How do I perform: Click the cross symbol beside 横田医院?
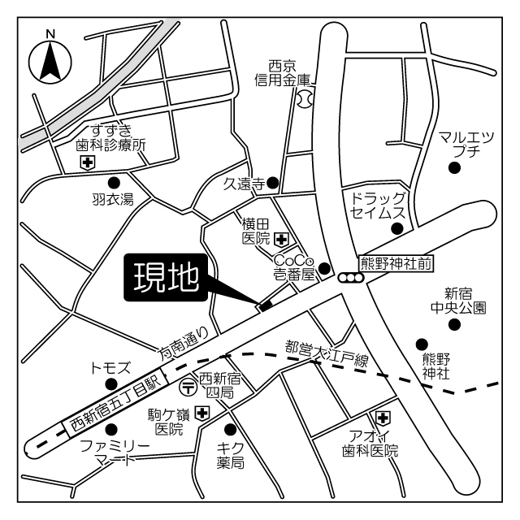pyautogui.click(x=281, y=239)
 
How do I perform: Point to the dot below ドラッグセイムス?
pyautogui.click(x=396, y=228)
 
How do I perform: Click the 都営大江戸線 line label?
pyautogui.click(x=327, y=353)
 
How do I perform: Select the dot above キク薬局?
pyautogui.click(x=230, y=428)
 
